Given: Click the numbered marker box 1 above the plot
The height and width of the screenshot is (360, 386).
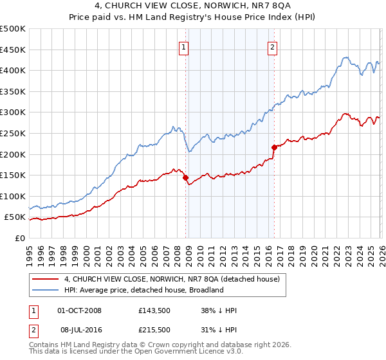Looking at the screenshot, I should [x=184, y=46].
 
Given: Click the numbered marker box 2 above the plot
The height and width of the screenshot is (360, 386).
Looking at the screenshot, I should [x=273, y=46].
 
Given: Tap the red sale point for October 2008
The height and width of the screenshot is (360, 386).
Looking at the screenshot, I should [x=186, y=177].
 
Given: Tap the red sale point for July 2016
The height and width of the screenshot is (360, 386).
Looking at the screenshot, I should [x=274, y=147].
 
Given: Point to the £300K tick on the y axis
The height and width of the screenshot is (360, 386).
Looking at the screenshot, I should [x=14, y=113].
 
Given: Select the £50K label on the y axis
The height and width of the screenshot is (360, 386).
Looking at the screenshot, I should [x=15, y=217].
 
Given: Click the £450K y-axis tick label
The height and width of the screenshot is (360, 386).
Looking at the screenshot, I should [x=14, y=50].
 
